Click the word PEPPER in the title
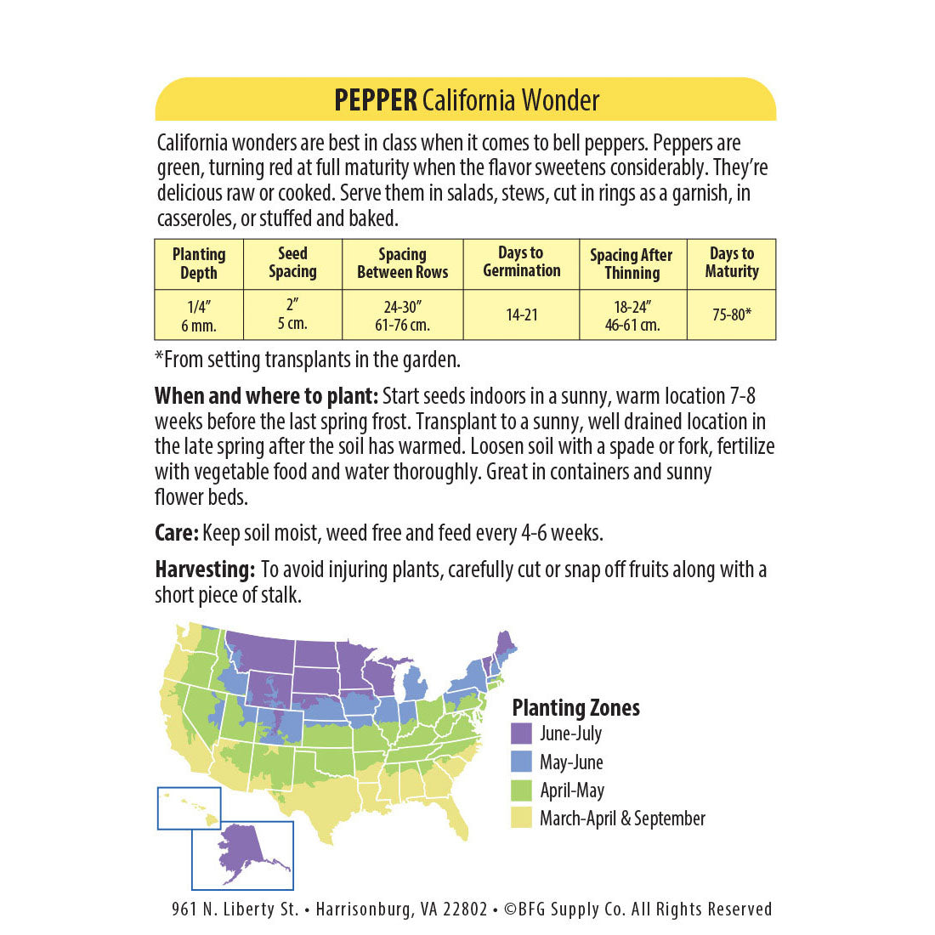click(x=375, y=100)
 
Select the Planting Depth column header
click(x=199, y=263)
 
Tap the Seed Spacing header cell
click(x=292, y=263)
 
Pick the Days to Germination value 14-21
click(x=522, y=314)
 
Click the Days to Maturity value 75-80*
click(x=731, y=314)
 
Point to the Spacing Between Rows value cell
click(x=402, y=314)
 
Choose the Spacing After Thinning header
click(x=632, y=263)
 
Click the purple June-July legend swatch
click(x=522, y=734)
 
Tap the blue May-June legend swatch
click(x=522, y=762)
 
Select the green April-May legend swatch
click(x=522, y=790)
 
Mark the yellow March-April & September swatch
click(x=522, y=819)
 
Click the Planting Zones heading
click(x=575, y=707)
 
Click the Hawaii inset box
click(x=189, y=807)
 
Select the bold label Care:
click(x=177, y=533)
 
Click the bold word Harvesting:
click(x=205, y=569)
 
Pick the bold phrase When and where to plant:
click(x=266, y=396)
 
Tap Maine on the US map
click(x=504, y=646)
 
